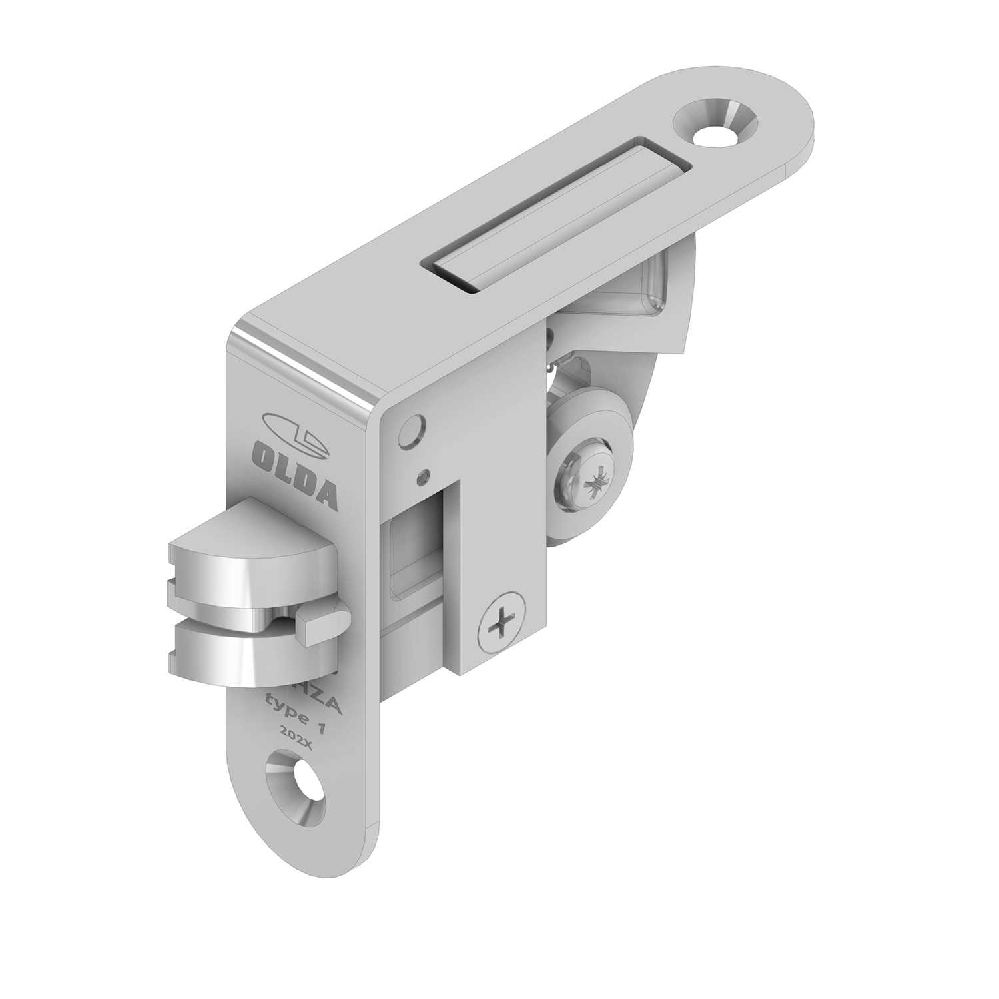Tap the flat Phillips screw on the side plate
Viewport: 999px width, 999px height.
tap(501, 623)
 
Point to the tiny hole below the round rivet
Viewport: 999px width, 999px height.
tap(422, 476)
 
